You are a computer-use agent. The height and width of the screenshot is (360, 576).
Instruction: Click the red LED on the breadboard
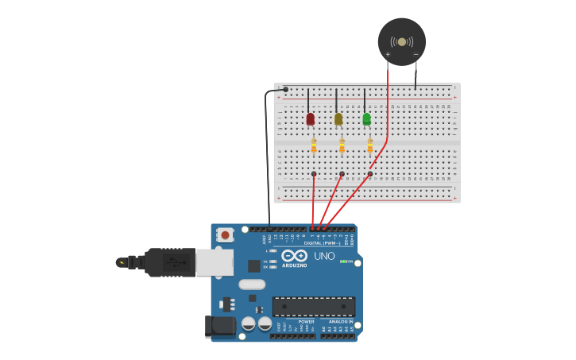coord(310,119)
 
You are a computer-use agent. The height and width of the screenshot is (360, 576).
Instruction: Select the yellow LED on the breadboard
coord(338,119)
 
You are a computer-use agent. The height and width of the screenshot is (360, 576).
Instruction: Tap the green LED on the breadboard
coord(366,119)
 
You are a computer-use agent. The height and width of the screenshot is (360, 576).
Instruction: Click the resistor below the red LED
coord(314,145)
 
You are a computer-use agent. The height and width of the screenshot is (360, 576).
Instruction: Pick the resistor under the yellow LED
coord(342,145)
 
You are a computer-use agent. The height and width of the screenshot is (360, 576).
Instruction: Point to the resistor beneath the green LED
coord(369,145)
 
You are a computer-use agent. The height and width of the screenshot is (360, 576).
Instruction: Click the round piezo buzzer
coord(401,41)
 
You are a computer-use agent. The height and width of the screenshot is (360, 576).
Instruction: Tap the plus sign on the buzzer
coord(388,54)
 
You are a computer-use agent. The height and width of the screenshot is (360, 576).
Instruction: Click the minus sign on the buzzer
coord(416,54)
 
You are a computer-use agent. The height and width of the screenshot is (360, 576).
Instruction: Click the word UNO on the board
coord(324,256)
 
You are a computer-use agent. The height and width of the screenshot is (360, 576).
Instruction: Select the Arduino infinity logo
coord(294,255)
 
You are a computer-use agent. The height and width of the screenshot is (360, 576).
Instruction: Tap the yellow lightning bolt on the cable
coord(121,261)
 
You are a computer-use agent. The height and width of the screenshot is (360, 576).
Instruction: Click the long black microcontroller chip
coord(314,307)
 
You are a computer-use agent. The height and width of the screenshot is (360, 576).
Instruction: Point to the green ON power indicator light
coord(342,261)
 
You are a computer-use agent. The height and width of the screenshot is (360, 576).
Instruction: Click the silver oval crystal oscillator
coord(251,285)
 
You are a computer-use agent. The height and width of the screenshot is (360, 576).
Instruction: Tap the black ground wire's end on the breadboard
coord(286,89)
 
